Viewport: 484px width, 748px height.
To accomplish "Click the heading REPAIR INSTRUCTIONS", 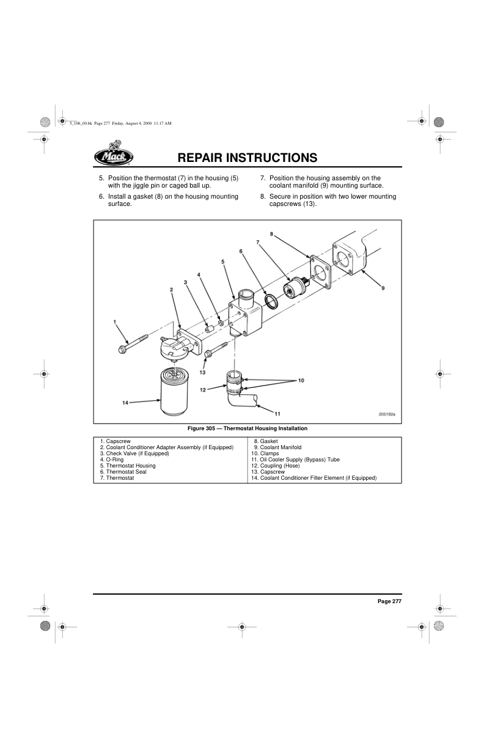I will (x=248, y=158).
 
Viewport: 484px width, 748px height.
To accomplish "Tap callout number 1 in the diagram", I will (x=114, y=321).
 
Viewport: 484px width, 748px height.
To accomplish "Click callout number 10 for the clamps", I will (x=301, y=380).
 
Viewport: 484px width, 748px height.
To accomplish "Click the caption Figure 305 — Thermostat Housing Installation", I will (x=248, y=428).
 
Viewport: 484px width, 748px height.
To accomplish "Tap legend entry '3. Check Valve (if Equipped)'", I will (x=134, y=453).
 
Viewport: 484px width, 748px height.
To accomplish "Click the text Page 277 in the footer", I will (x=389, y=601).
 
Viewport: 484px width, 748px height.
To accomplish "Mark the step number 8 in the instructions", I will (x=263, y=197).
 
